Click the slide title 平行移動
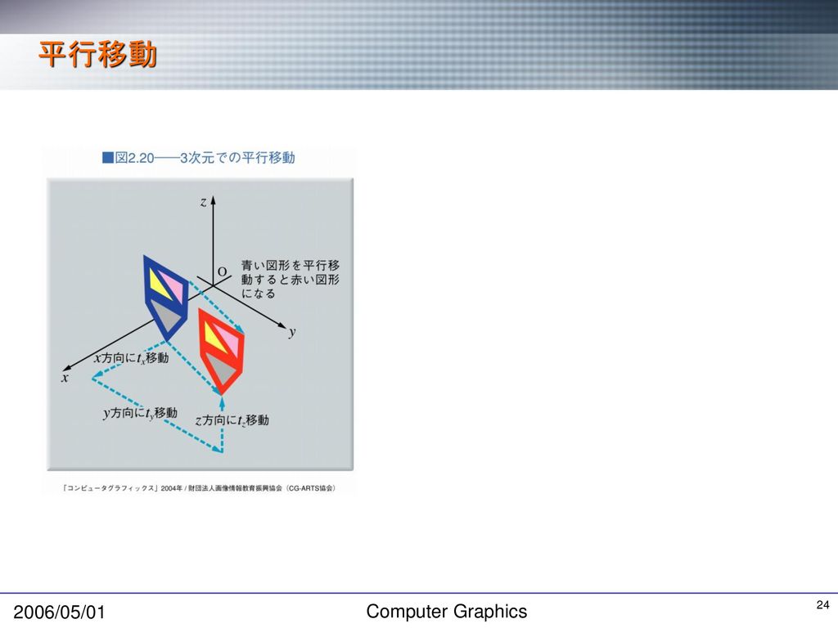[97, 55]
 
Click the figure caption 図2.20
[134, 158]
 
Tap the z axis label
[203, 202]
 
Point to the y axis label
[292, 332]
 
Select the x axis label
[65, 378]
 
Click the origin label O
[223, 271]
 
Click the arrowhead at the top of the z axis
[213, 200]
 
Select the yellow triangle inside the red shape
[215, 338]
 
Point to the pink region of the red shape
[229, 339]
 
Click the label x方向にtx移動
[131, 358]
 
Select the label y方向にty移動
[140, 413]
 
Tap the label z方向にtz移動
[232, 420]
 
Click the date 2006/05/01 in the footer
[59, 612]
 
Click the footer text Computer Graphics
[447, 612]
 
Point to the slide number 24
[823, 605]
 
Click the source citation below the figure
[200, 488]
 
